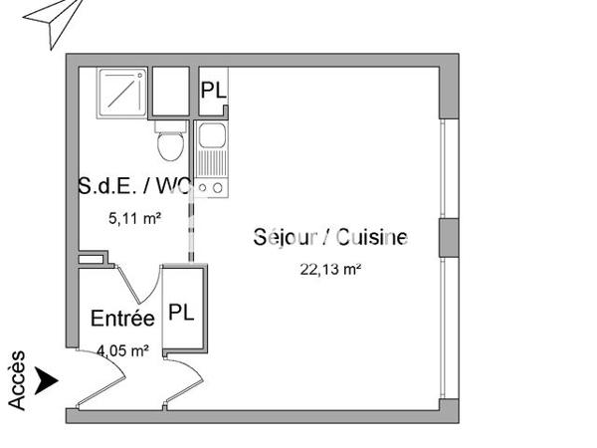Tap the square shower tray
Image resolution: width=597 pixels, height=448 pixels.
(123, 93)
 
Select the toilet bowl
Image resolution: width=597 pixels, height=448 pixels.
(171, 146)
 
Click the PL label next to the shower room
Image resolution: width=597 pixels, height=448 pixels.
(213, 90)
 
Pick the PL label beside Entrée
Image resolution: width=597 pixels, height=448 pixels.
(180, 312)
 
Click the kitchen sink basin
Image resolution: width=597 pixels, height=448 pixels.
(211, 135)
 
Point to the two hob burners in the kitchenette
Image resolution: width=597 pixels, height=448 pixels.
(211, 184)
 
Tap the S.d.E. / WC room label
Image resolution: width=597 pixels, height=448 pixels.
(134, 185)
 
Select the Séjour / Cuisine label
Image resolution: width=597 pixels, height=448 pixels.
(331, 237)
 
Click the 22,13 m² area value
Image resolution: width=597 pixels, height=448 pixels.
(330, 267)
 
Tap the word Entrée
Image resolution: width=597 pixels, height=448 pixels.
(122, 319)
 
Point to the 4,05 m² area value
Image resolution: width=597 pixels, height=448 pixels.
(122, 349)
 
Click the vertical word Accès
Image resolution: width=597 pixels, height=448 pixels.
(17, 379)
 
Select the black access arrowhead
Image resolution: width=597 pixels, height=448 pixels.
(46, 379)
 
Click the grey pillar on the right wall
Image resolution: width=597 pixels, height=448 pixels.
(447, 237)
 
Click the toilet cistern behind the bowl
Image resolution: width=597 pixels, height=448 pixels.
(169, 126)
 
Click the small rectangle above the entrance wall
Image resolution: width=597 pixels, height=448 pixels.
(91, 260)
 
